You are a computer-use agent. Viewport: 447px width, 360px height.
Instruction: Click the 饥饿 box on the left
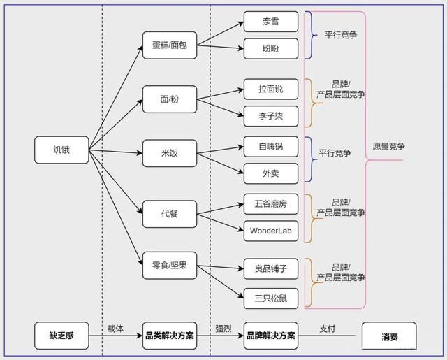click(62, 150)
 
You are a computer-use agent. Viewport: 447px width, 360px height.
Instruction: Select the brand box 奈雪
click(271, 21)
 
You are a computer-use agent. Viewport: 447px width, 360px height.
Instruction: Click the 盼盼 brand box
click(271, 48)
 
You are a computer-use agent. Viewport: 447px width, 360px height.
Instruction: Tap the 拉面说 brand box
click(271, 89)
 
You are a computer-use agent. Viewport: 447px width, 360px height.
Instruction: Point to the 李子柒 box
click(271, 116)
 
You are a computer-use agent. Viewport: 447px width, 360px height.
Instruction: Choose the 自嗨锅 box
click(271, 146)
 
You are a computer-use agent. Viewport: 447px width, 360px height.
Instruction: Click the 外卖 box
click(271, 173)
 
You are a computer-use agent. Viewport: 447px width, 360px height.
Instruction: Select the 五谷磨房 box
click(271, 203)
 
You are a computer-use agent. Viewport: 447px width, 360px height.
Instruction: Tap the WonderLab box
click(271, 231)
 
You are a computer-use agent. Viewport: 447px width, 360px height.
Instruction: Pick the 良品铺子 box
click(271, 268)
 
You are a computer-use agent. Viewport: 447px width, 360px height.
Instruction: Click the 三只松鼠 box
click(271, 298)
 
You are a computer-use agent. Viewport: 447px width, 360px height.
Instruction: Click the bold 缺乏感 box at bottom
click(61, 336)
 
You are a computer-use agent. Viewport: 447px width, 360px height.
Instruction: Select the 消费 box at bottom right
click(389, 336)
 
